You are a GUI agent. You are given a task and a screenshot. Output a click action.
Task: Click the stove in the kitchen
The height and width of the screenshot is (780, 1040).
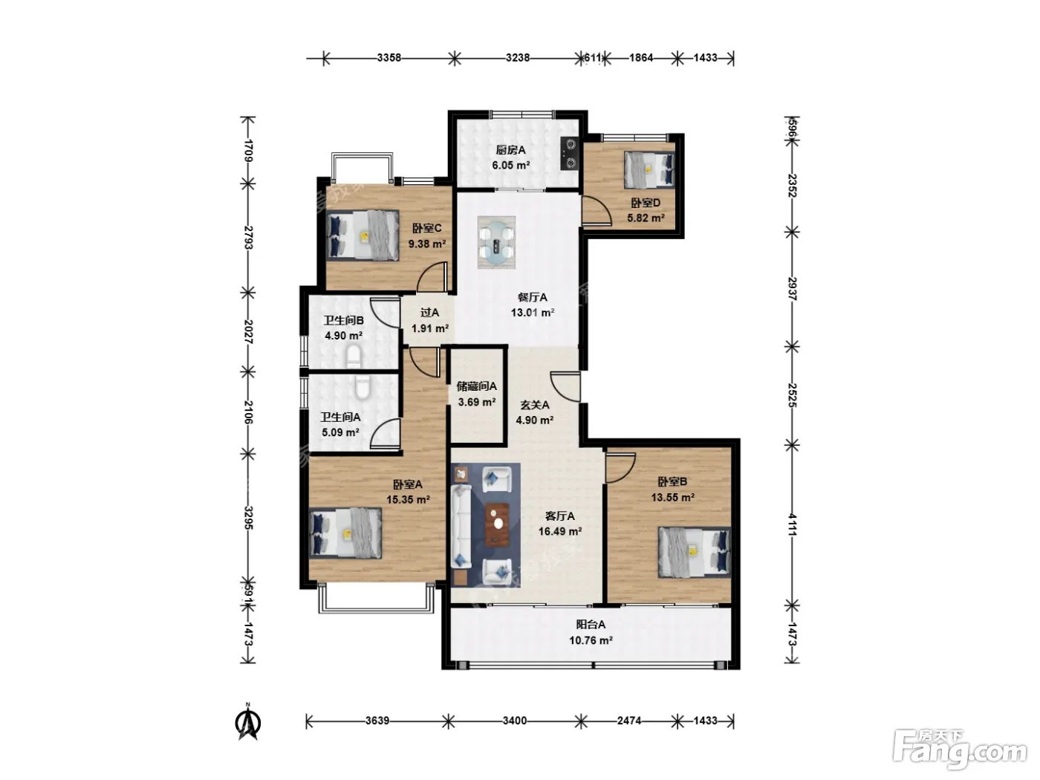click(x=569, y=153)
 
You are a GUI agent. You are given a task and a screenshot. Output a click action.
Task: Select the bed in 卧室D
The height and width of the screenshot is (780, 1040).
click(x=649, y=169)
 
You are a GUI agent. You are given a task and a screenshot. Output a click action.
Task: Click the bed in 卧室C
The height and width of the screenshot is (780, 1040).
click(x=363, y=235)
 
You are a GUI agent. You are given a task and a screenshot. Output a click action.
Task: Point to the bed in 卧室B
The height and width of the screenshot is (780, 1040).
click(x=694, y=552)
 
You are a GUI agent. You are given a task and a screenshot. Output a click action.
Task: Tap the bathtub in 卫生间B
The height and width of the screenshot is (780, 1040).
click(x=354, y=356)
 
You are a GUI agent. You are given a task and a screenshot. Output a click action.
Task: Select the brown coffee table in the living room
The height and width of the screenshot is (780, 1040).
click(x=497, y=524)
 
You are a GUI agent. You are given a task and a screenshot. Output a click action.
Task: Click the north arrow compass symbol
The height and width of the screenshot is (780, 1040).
click(x=248, y=722)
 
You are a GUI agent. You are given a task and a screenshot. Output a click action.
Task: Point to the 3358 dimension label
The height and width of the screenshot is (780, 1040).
click(x=389, y=58)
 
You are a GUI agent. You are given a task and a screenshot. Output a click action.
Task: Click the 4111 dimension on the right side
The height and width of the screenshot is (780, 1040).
click(x=792, y=524)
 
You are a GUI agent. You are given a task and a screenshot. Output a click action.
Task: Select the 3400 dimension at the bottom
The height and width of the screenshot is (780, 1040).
click(x=515, y=721)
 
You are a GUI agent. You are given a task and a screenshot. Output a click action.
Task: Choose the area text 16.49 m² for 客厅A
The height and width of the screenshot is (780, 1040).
click(x=560, y=531)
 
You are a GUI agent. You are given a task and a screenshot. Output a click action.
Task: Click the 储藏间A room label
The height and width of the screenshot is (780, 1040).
click(x=477, y=386)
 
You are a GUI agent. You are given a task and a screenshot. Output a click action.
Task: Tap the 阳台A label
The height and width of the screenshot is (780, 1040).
click(x=591, y=625)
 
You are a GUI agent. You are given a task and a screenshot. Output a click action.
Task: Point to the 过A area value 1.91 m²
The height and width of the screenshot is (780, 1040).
click(x=429, y=328)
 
